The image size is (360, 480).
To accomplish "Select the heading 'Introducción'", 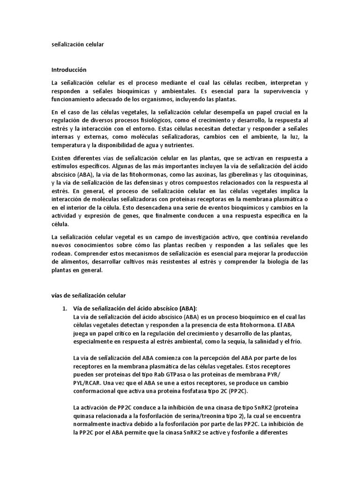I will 69,69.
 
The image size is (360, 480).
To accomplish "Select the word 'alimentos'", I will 75,262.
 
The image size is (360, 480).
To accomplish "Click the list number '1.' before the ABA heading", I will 65,308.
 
